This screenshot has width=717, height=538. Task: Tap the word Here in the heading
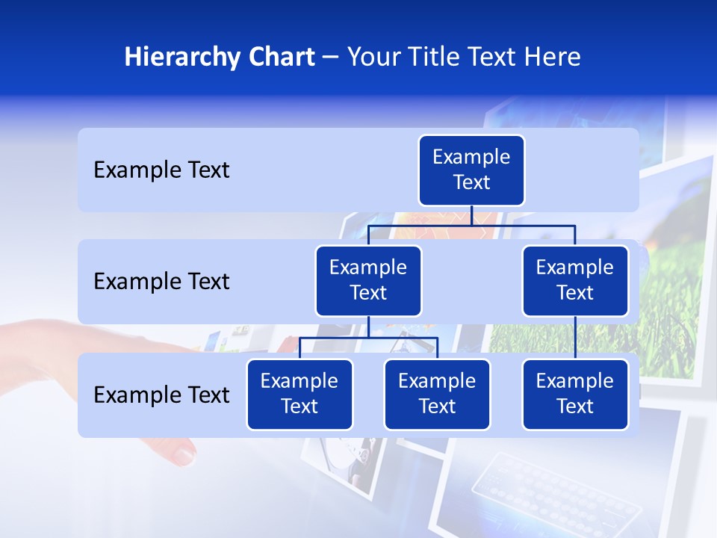(x=553, y=58)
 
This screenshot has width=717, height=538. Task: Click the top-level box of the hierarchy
(x=471, y=170)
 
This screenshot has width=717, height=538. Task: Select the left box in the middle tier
(x=368, y=280)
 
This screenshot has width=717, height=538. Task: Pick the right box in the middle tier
(x=575, y=280)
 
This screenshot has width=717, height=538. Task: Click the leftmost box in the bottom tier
(x=299, y=394)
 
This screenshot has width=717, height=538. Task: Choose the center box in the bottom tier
(x=437, y=394)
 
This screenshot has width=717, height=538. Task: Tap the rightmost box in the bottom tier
(x=575, y=394)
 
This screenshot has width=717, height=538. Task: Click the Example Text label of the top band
(x=161, y=170)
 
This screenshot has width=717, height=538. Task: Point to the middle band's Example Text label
(x=161, y=282)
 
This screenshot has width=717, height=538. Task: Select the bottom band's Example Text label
(x=161, y=395)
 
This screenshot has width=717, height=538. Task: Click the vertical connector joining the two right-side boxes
(x=575, y=338)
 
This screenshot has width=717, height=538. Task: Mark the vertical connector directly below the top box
(x=471, y=215)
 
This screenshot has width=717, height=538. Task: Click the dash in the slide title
(x=331, y=58)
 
